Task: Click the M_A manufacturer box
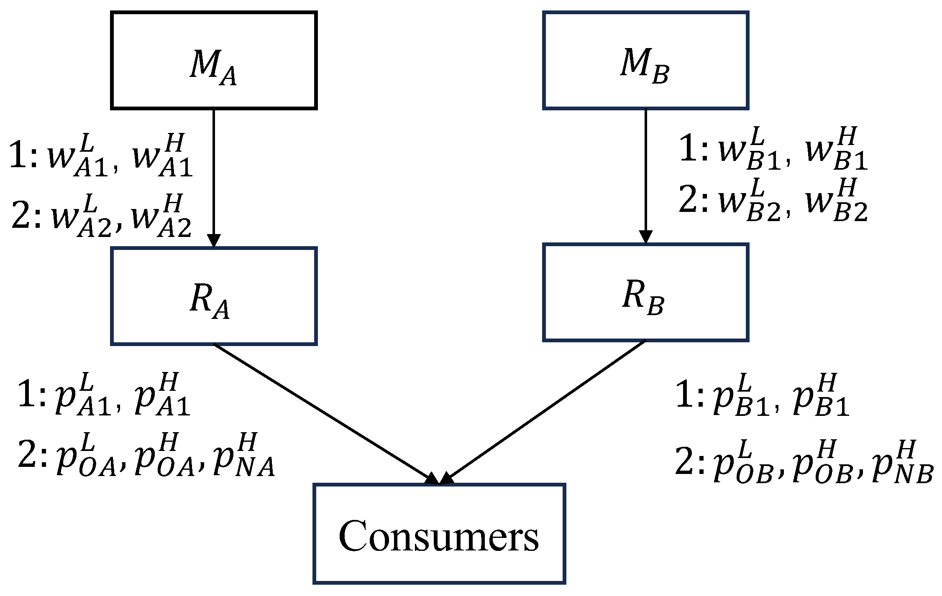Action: pos(213,61)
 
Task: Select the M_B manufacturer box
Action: pos(645,61)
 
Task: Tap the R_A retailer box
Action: pos(213,296)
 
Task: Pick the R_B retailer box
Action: pos(645,293)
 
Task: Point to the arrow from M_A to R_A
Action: pos(214,176)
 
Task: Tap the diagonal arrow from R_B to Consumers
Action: pos(544,412)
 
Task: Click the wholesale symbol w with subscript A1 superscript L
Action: pos(77,157)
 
